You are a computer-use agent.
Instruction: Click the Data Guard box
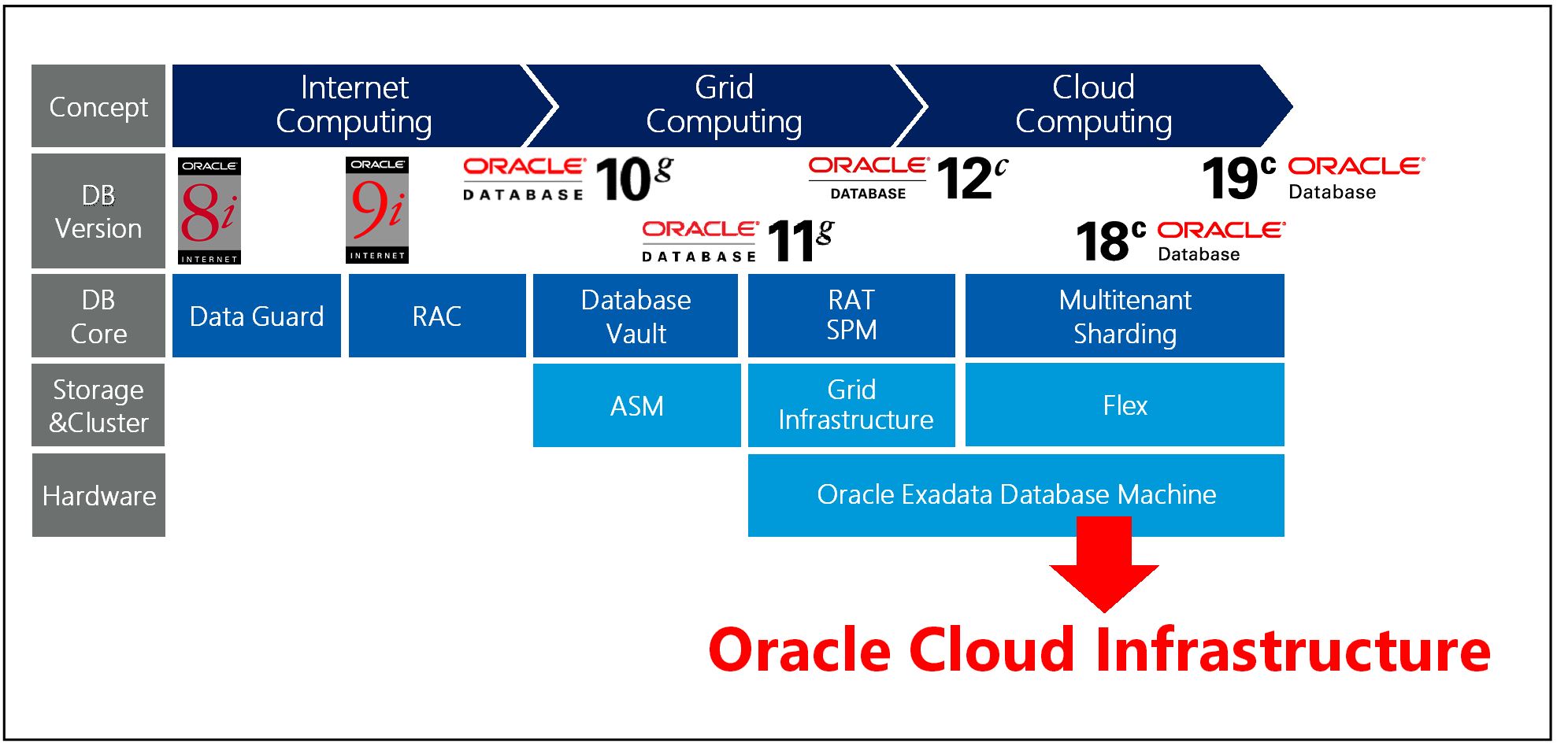point(256,316)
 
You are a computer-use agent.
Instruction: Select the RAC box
point(436,316)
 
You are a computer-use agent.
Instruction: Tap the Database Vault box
point(636,316)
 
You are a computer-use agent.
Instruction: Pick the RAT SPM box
point(851,315)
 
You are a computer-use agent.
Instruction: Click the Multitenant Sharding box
point(1124,316)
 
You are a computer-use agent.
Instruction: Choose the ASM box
point(636,405)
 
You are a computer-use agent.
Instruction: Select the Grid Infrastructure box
point(851,405)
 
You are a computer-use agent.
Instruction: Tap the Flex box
point(1124,405)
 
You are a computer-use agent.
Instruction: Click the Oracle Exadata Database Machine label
point(1016,494)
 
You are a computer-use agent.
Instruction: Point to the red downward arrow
point(1103,567)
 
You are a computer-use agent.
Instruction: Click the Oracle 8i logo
point(209,211)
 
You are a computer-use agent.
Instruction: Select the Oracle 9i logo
point(376,209)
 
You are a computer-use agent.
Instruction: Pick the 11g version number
point(799,240)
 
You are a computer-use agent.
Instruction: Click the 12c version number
point(971,178)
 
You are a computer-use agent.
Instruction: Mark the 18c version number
point(1110,241)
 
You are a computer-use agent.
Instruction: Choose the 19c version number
point(1237,178)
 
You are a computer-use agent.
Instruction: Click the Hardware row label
point(98,495)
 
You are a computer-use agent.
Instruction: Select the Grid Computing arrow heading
point(723,105)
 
